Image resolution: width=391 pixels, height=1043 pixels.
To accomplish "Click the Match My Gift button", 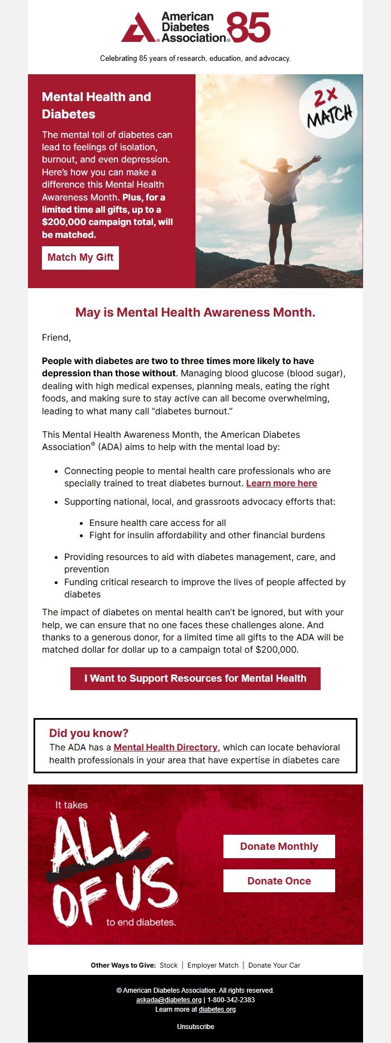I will [x=80, y=257].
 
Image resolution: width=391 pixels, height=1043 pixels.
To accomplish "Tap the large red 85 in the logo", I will [x=249, y=28].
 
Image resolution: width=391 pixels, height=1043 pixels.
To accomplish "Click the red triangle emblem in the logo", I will [x=139, y=28].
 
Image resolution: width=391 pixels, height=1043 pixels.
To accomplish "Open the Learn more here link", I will [x=282, y=484].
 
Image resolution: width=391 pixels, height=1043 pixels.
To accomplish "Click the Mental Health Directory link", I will [x=165, y=747].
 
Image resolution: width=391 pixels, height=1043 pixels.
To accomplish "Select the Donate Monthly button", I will [x=279, y=846].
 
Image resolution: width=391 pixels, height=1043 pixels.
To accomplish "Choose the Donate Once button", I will [x=279, y=881].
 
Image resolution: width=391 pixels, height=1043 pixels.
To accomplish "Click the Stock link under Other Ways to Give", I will [x=168, y=965].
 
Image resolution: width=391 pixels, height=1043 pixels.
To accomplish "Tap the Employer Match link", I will [x=213, y=965].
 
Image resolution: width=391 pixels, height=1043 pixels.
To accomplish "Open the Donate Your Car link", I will [x=274, y=965].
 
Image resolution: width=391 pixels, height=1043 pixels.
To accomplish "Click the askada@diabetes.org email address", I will [x=169, y=1000].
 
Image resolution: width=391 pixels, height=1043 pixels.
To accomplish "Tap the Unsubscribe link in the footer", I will [x=195, y=1027].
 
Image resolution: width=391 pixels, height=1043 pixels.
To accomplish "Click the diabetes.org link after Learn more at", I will [x=217, y=1009].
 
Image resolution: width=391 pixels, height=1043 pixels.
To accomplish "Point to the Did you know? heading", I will [x=89, y=733].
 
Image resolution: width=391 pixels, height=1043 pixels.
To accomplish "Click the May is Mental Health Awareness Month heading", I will [x=195, y=313].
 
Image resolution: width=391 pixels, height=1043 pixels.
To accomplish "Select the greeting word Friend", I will [x=56, y=338].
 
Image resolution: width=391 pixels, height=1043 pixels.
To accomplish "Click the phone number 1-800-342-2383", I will [x=231, y=1000].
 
